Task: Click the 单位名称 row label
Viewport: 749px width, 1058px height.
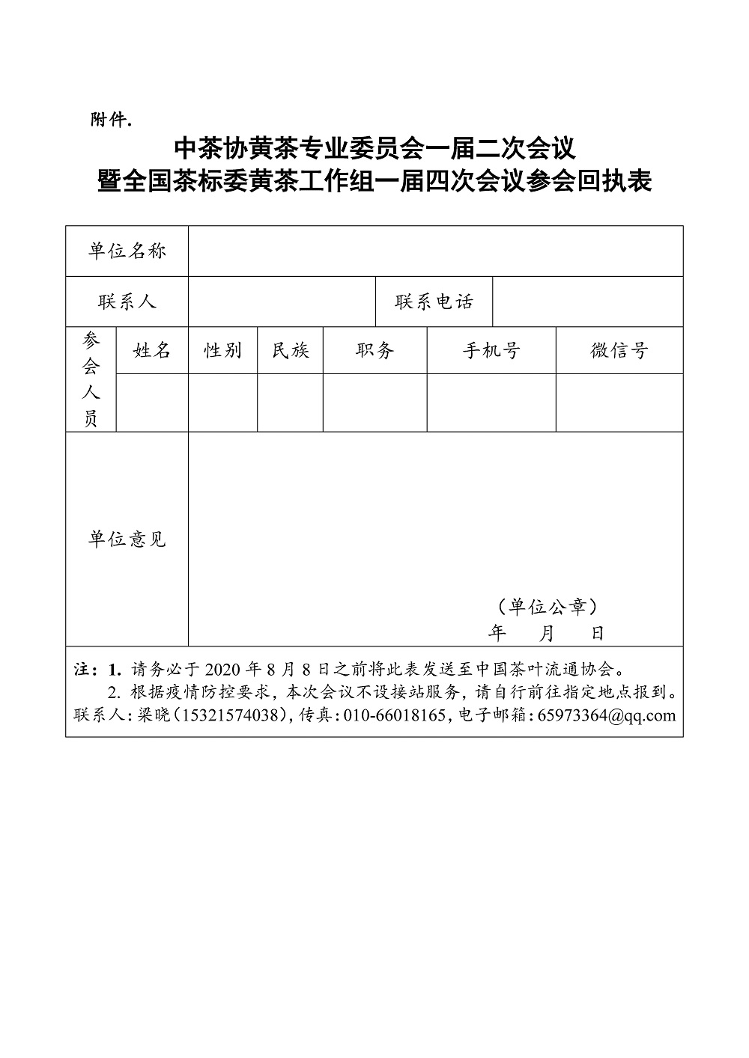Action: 127,251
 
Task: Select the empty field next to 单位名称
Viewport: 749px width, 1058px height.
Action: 435,251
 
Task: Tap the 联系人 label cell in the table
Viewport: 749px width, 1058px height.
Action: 127,302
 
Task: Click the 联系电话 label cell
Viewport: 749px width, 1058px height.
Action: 434,302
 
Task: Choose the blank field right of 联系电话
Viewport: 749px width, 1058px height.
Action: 588,302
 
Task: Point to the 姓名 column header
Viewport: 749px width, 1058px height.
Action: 152,350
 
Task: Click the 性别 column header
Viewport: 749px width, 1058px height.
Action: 223,350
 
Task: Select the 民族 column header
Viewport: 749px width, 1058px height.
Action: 291,350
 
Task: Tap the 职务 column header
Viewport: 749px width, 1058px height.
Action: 375,350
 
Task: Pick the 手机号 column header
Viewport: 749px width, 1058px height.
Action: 491,350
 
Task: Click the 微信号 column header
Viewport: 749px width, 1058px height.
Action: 619,350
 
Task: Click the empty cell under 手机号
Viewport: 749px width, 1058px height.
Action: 491,403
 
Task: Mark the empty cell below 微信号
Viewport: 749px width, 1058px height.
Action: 619,403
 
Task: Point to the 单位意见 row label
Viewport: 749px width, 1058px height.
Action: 127,539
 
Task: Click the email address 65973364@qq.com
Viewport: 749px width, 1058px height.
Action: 612,715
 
